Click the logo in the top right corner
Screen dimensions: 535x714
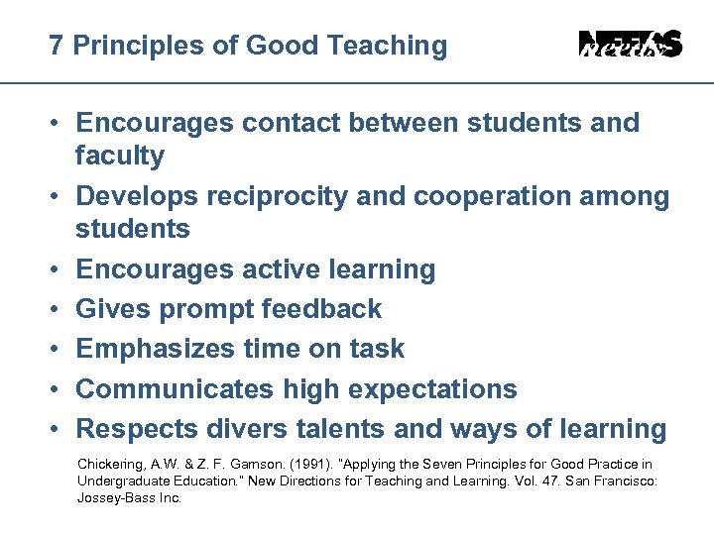click(630, 45)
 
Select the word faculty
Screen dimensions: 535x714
click(120, 156)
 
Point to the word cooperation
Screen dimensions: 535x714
click(480, 196)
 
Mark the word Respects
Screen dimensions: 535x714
click(137, 429)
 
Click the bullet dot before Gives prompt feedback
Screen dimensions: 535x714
click(57, 309)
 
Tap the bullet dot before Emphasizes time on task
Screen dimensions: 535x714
click(57, 349)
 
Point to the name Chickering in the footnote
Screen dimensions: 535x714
click(109, 465)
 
